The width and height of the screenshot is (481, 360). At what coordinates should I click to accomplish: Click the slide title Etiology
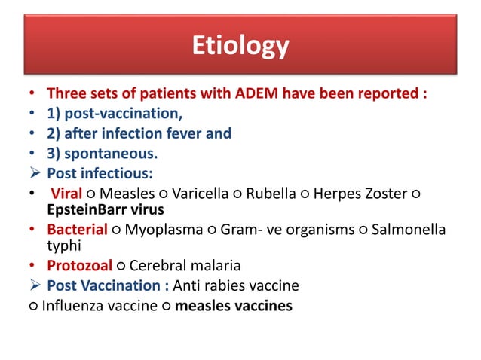[240, 46]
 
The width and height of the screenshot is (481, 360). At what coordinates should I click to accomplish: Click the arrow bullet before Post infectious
[32, 173]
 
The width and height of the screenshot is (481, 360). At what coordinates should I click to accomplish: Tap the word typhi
[63, 245]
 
